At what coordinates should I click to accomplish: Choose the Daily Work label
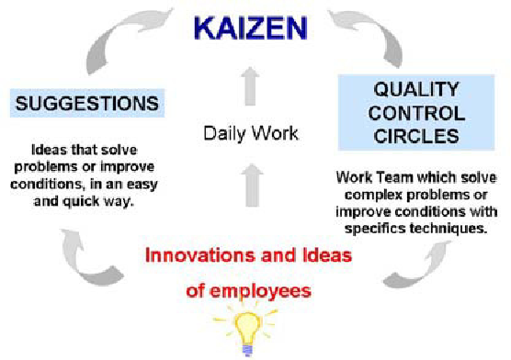252,134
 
